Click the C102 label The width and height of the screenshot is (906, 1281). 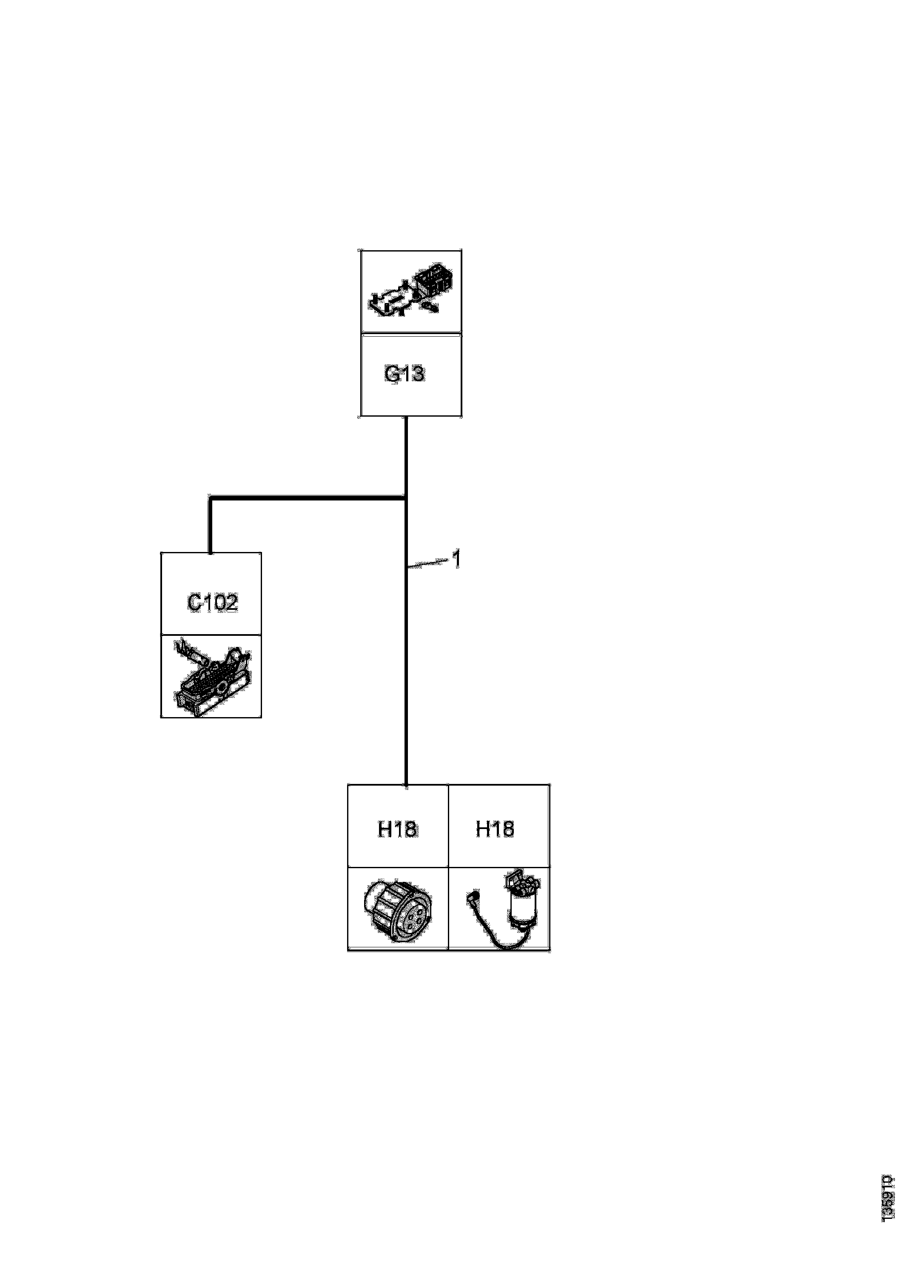click(212, 603)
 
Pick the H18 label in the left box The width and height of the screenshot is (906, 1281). click(397, 829)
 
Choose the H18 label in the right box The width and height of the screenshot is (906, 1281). click(495, 829)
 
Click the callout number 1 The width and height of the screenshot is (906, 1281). click(456, 559)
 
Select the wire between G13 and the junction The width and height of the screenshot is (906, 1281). click(406, 455)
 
